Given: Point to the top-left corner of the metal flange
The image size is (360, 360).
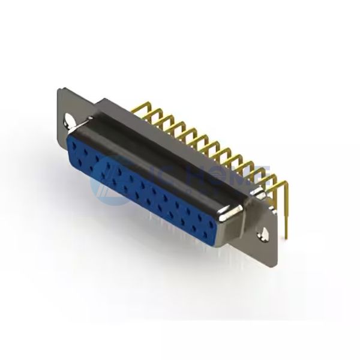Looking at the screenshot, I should tap(59, 88).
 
